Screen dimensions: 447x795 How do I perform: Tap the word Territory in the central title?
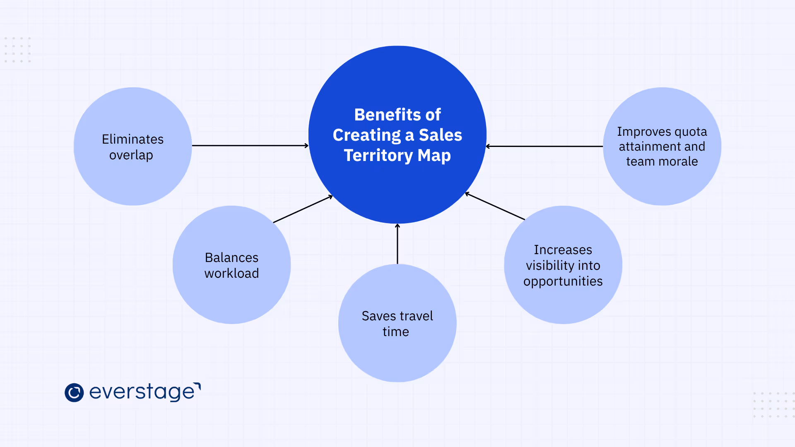(378, 156)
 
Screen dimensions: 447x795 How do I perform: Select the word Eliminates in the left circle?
(132, 139)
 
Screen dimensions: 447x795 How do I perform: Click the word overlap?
(131, 155)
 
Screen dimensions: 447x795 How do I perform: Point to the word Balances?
(231, 257)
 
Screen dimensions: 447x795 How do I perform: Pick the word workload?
(231, 273)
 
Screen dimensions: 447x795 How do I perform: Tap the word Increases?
(563, 250)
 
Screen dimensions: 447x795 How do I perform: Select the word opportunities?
(563, 281)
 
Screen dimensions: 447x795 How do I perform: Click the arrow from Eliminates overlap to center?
(250, 145)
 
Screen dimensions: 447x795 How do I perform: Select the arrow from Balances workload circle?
(303, 209)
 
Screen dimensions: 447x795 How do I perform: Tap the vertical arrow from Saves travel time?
(397, 244)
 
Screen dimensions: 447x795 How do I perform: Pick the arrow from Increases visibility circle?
(495, 206)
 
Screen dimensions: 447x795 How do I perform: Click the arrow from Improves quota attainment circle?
(544, 146)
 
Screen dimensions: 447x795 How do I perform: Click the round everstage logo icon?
(74, 392)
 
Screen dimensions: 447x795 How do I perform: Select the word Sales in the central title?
(440, 135)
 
